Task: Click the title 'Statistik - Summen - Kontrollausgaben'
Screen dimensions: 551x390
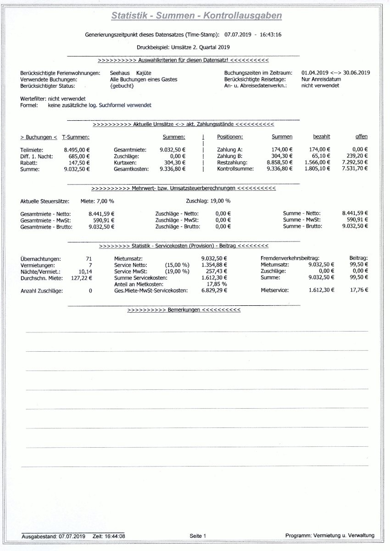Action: click(196, 16)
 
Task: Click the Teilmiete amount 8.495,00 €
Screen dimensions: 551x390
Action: click(77, 150)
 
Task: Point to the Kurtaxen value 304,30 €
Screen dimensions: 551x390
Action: click(175, 163)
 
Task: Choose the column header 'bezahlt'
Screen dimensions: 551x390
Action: click(322, 137)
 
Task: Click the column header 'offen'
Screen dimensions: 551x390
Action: click(361, 137)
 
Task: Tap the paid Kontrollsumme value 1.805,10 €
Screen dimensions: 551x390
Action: click(317, 169)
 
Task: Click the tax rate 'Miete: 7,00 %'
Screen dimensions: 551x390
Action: click(97, 201)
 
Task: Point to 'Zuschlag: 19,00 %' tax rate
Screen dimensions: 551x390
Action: click(208, 201)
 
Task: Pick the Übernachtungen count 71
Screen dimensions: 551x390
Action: click(89, 259)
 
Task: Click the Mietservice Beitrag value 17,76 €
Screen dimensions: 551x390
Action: click(359, 290)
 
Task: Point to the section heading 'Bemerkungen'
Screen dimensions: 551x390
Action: click(184, 310)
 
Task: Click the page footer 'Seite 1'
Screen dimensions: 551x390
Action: click(198, 536)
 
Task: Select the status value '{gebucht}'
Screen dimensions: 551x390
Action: click(122, 86)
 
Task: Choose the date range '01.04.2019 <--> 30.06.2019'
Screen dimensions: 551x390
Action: click(335, 73)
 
